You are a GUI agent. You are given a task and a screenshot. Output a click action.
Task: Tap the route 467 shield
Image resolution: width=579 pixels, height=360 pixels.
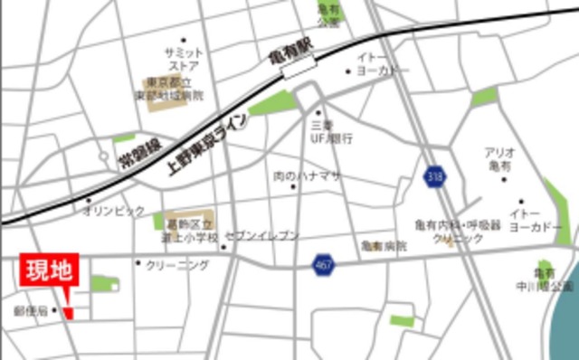click(x=324, y=265)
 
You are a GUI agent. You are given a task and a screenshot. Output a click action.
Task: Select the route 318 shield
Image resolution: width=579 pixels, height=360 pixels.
click(x=435, y=175)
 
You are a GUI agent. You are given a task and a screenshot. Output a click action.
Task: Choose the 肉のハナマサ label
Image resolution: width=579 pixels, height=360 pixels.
click(x=308, y=175)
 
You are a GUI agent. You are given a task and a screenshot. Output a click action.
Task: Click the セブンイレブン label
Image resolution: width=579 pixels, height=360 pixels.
click(x=261, y=235)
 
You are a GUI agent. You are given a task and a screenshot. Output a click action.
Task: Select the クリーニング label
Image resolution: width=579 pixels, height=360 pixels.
click(x=177, y=265)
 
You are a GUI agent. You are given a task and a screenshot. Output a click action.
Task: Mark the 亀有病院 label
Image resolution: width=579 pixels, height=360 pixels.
click(x=384, y=245)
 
